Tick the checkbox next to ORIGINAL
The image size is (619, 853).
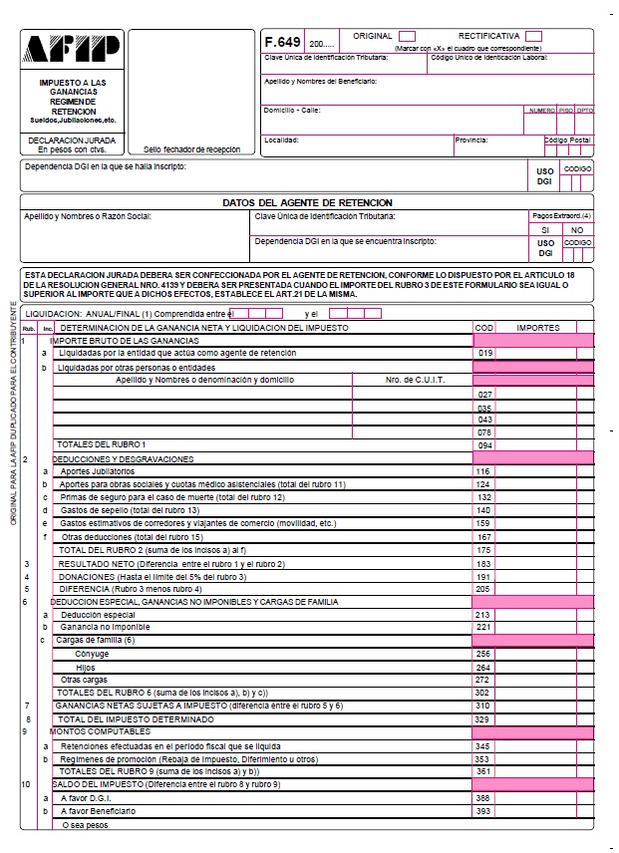coord(407,37)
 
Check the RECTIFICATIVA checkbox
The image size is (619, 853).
coord(533,37)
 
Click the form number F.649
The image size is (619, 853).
coord(281,43)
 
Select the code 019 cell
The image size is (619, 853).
coord(485,353)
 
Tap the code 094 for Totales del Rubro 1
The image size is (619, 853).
coord(485,444)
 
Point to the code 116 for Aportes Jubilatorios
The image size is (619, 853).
coord(485,471)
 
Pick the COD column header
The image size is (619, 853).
coord(484,327)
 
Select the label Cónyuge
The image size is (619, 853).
coord(92,654)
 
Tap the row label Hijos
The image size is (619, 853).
coord(86,667)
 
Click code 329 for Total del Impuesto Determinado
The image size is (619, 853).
coord(484,718)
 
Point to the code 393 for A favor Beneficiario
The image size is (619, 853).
coord(484,810)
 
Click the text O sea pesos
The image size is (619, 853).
coord(85,824)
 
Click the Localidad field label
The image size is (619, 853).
coord(281,141)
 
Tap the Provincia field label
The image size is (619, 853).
coord(471,141)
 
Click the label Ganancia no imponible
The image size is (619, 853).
coord(106,627)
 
